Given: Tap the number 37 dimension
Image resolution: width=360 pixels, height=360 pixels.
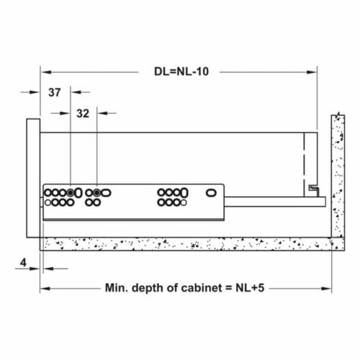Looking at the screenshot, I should pyautogui.click(x=55, y=92).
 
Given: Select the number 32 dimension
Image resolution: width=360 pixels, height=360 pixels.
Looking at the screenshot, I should pyautogui.click(x=82, y=113).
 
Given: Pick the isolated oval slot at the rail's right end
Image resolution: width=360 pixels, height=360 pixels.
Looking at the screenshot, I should pyautogui.click(x=212, y=193).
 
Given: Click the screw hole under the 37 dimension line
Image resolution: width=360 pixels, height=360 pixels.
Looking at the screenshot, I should pyautogui.click(x=71, y=193).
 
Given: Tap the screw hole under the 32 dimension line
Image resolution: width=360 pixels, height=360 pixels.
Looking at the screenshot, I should pyautogui.click(x=96, y=193).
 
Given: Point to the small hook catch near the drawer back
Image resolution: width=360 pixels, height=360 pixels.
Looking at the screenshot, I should pyautogui.click(x=314, y=188).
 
